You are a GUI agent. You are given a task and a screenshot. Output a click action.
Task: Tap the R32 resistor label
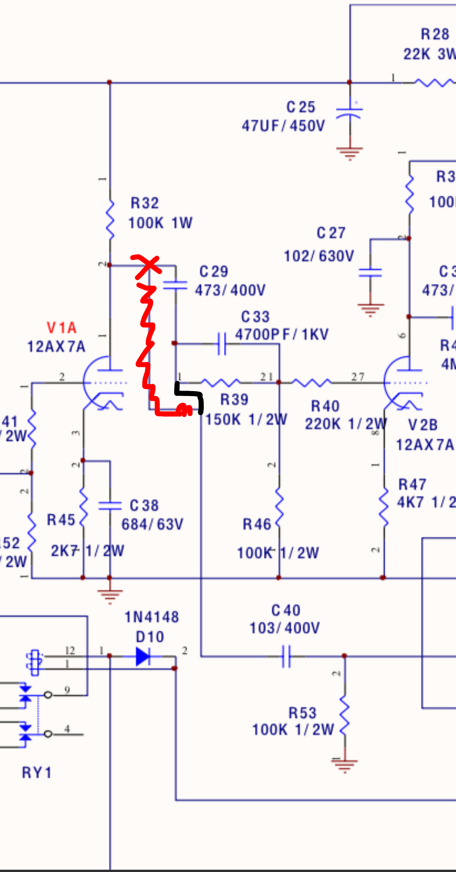pos(145,203)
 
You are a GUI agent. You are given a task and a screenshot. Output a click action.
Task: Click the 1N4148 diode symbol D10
pos(143,656)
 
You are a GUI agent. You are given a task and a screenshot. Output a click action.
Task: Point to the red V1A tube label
pos(62,328)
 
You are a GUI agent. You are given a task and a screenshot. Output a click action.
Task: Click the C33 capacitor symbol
pos(222,344)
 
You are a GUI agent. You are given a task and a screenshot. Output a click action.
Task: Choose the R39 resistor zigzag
pos(220,383)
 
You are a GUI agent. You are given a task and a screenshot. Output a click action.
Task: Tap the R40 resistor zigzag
pos(311,383)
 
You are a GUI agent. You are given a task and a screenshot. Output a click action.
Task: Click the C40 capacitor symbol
pos(286,656)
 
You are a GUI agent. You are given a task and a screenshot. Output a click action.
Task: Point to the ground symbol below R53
pos(345,765)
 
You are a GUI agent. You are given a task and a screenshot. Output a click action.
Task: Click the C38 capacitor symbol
pos(110,505)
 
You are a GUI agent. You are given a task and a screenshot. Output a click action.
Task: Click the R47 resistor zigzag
pos(384,506)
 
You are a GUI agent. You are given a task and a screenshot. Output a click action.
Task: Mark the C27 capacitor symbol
pos(370,272)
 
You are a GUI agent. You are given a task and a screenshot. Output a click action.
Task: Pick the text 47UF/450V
pos(283,126)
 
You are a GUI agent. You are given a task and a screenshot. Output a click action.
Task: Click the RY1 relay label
pos(37,772)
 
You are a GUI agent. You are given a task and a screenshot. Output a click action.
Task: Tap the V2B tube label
pos(423,425)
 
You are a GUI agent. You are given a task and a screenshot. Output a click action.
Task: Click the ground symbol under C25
pos(350,153)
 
